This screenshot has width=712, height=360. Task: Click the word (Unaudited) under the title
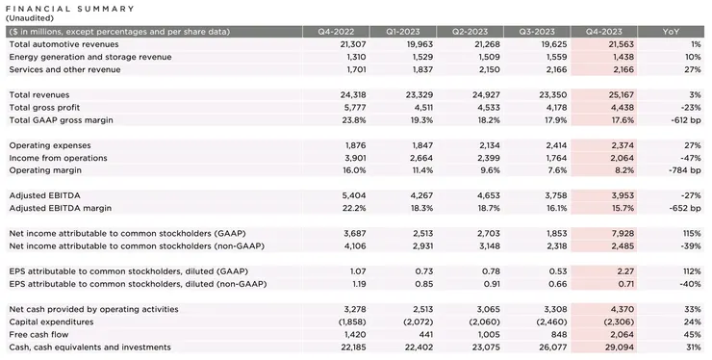pyautogui.click(x=30, y=17)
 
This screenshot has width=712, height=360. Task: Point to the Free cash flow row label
pyautogui.click(x=40, y=334)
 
